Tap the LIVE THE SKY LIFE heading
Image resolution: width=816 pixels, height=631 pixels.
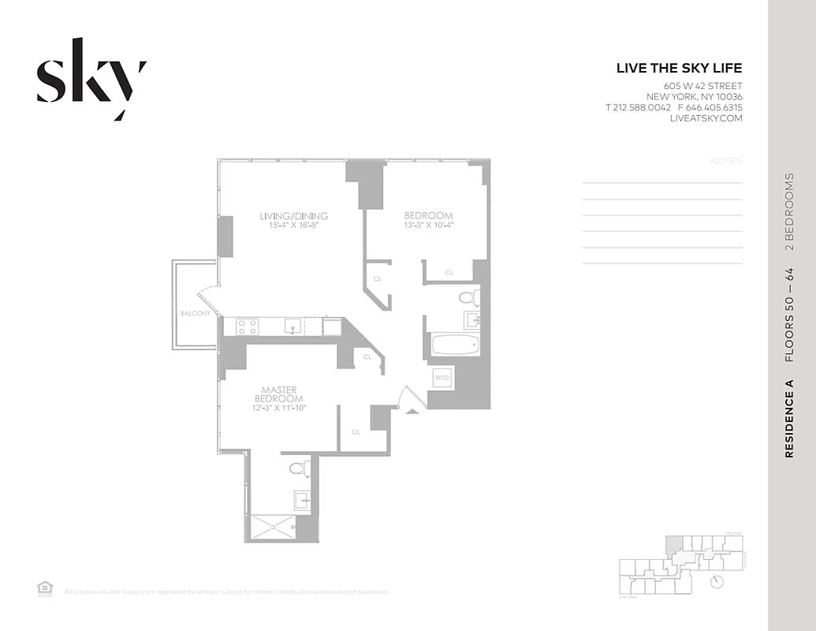[679, 69]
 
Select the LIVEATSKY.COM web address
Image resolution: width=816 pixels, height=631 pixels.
[706, 118]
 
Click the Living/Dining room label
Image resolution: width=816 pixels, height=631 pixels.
[294, 216]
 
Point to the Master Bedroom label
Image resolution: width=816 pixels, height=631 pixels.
[278, 394]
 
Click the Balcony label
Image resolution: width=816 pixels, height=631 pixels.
[195, 313]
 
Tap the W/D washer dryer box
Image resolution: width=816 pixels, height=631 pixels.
[441, 378]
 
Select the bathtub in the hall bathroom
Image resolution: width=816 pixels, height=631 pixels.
[455, 345]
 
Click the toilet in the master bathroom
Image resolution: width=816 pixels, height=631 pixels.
[298, 468]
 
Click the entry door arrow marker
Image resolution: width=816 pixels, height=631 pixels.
[410, 410]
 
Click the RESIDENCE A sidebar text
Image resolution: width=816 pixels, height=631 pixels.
[789, 419]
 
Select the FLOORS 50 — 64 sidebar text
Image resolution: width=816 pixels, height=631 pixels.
[789, 315]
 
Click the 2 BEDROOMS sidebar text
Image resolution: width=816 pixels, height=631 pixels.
[789, 212]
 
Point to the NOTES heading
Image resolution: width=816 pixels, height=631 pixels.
[725, 161]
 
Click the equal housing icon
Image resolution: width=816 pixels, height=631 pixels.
[44, 587]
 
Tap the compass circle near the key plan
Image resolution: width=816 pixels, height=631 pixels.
[717, 581]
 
